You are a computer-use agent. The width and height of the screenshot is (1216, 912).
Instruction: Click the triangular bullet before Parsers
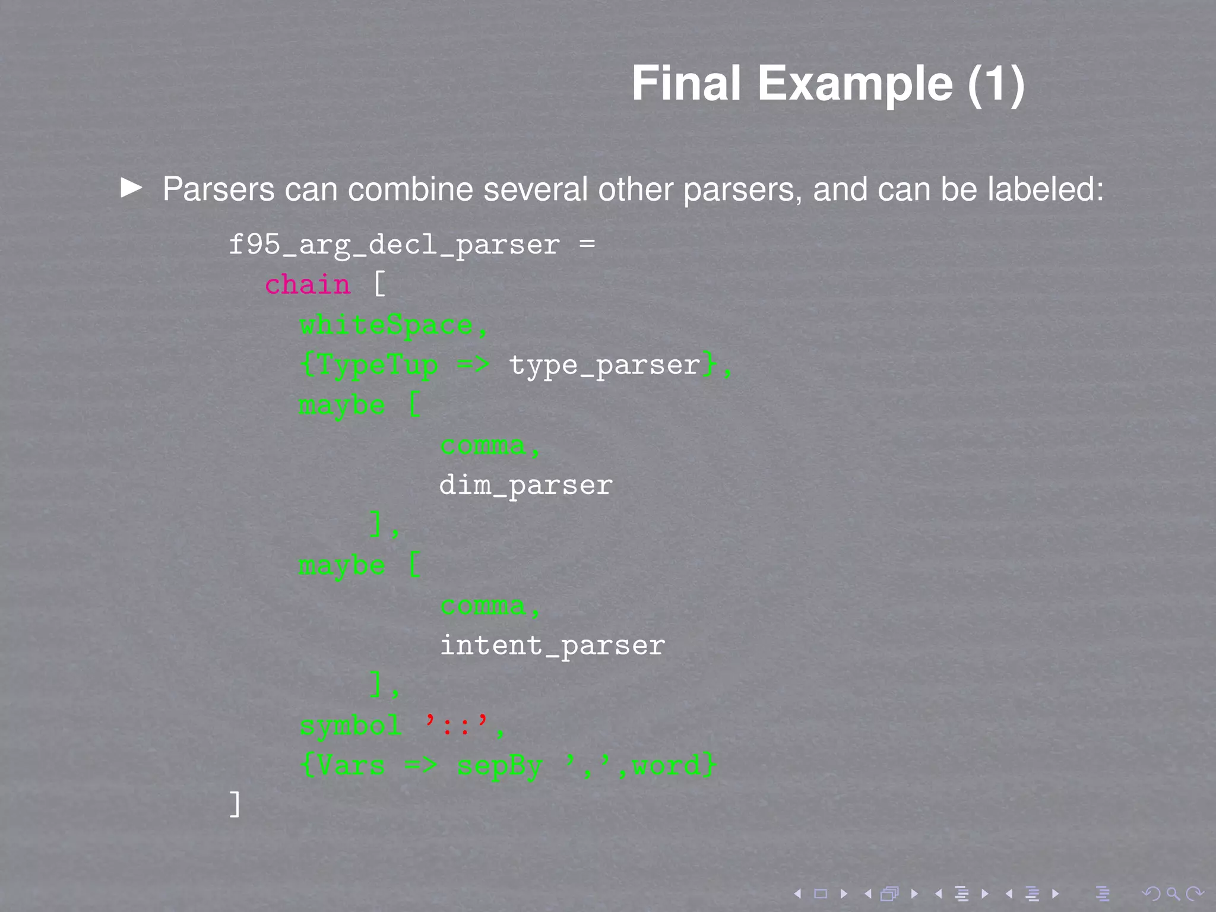[131, 188]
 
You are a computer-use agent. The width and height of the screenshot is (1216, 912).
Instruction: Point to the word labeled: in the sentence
[1045, 189]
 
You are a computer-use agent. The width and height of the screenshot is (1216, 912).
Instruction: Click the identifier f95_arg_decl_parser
[394, 245]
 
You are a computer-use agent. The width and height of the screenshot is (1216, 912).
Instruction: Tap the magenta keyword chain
[307, 285]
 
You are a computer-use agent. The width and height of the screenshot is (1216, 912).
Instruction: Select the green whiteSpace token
[386, 325]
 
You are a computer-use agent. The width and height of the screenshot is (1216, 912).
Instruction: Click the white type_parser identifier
[604, 365]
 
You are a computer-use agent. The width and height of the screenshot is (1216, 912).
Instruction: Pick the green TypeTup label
[378, 365]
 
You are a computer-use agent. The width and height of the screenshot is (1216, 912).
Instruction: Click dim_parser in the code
[525, 486]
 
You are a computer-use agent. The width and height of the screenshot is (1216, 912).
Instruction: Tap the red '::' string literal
[457, 725]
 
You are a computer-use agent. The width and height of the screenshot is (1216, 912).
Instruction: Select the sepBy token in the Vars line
[500, 766]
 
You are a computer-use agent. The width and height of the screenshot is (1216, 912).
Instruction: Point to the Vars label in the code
[351, 766]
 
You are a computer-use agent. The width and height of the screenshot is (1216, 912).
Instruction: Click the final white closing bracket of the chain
[235, 805]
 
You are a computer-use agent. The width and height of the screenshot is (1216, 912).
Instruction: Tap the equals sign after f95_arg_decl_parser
[587, 245]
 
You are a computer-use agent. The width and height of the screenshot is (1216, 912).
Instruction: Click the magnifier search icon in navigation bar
[1173, 894]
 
